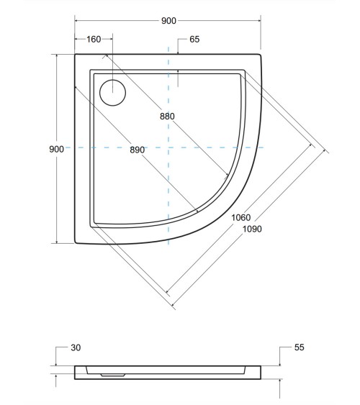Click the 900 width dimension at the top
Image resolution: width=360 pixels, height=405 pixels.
click(x=168, y=22)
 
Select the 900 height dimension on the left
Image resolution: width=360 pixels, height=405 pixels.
click(x=56, y=148)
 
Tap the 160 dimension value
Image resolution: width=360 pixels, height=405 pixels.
click(x=94, y=40)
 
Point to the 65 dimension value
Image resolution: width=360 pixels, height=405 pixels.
click(x=194, y=40)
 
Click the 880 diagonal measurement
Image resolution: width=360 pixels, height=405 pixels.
click(x=167, y=116)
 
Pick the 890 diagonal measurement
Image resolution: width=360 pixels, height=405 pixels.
click(x=138, y=150)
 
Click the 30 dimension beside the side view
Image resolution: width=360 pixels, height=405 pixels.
click(x=76, y=347)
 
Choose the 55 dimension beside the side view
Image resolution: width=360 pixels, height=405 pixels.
click(x=300, y=347)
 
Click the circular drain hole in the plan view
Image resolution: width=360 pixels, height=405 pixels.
click(x=112, y=91)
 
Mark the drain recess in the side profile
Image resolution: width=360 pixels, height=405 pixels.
click(x=111, y=373)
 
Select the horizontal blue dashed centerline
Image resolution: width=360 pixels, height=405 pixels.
click(x=216, y=147)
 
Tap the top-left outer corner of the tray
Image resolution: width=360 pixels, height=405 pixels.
click(x=76, y=54)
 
